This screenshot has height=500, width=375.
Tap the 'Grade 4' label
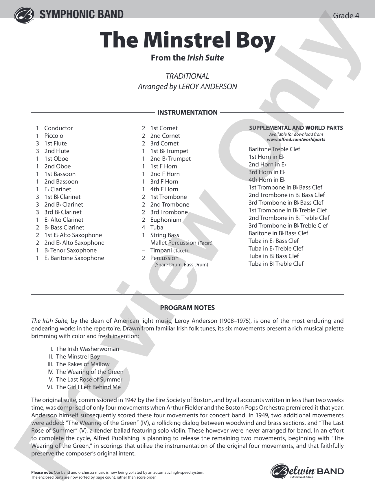346,16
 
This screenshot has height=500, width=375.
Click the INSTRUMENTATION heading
187,113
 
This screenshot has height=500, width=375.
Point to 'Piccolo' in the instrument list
54,136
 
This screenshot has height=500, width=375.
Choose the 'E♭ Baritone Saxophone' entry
74,258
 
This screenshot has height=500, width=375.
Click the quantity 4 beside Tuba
144,227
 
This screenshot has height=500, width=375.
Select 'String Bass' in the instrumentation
164,235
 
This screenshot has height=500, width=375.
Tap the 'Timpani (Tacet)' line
169,251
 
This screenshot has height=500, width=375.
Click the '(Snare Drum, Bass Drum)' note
181,264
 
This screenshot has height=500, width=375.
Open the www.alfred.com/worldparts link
296,139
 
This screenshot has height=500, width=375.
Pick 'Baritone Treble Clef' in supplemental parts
274,149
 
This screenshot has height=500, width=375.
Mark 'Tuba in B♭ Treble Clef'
276,264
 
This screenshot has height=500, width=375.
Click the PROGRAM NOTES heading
187,308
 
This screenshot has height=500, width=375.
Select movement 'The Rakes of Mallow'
83,364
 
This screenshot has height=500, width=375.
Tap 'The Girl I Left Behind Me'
88,387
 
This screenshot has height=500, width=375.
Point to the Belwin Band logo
307,471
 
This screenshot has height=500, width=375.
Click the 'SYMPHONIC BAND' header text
81,14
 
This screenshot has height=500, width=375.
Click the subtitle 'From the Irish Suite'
187,58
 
